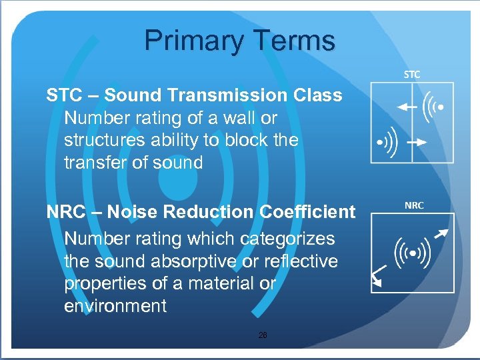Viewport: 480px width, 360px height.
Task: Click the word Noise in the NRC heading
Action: tap(133, 212)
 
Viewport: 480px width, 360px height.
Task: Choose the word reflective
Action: tap(301, 261)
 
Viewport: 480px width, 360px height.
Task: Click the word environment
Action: tap(115, 307)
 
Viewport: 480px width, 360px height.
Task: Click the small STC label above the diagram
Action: tap(412, 75)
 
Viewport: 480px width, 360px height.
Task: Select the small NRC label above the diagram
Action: tap(413, 205)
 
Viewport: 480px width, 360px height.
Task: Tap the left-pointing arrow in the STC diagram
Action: tap(405, 106)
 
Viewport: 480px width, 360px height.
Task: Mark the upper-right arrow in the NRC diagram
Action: tap(440, 233)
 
